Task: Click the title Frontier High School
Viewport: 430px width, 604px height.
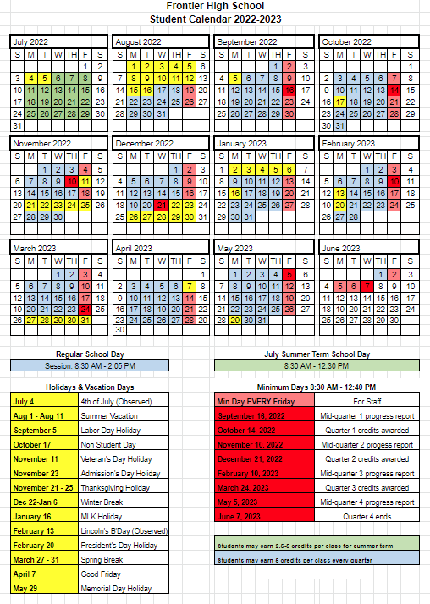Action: [215, 6]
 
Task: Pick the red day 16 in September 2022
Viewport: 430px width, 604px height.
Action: [290, 89]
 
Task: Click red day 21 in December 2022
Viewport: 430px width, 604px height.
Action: [161, 205]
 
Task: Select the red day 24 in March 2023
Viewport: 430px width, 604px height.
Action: [85, 308]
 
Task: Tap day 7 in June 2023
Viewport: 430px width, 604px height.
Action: [367, 286]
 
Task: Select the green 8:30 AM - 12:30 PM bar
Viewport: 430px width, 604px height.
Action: [317, 366]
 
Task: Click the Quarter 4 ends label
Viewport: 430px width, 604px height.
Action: [367, 516]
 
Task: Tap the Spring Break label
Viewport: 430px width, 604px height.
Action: [103, 559]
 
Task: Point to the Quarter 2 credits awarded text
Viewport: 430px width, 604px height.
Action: [367, 458]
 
